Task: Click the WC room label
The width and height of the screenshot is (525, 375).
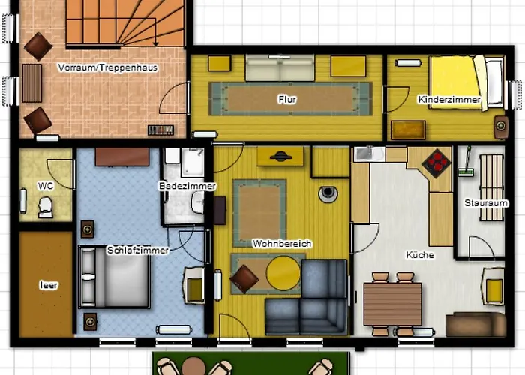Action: click(46, 186)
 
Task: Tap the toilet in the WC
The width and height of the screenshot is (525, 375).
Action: click(45, 207)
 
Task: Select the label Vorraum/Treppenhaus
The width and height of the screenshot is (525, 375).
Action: click(107, 67)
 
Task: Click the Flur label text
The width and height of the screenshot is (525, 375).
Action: click(287, 100)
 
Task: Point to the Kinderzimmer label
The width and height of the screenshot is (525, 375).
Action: click(449, 100)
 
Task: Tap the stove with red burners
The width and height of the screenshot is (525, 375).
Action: click(436, 163)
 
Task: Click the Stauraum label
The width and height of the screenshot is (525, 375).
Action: click(485, 203)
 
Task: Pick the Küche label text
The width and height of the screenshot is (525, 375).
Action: click(420, 255)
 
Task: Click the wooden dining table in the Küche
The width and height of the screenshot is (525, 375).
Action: click(393, 304)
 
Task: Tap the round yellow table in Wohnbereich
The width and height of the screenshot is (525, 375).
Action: click(283, 273)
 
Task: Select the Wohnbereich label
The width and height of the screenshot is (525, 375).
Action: click(282, 244)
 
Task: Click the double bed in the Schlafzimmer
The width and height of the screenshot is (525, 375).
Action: click(114, 276)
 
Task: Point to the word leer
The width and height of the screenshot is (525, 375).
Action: click(49, 285)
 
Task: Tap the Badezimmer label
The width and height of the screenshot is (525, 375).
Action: click(187, 186)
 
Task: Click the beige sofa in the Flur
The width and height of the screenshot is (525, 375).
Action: click(280, 68)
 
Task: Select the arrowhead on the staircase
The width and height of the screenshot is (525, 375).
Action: click(155, 43)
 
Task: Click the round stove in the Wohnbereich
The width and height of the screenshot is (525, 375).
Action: click(328, 193)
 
